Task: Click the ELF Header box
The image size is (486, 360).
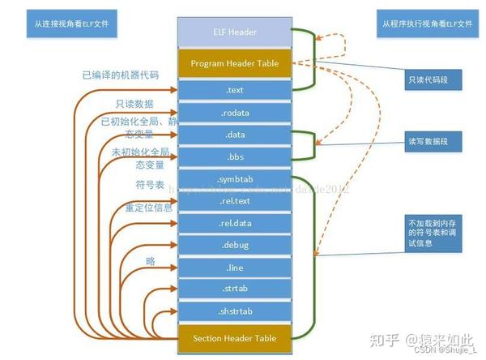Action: coord(234,32)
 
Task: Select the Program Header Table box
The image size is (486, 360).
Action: coord(234,62)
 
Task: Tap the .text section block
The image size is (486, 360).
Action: coord(234,90)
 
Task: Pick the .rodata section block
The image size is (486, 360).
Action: coord(234,112)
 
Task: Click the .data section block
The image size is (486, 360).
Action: coord(234,134)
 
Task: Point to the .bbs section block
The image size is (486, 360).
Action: coord(234,156)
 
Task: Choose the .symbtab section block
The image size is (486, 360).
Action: coord(234,178)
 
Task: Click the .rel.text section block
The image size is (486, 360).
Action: coord(234,200)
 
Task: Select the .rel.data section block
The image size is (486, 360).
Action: coord(234,222)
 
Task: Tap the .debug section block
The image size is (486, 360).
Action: coord(234,244)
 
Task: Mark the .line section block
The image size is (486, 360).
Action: coord(234,266)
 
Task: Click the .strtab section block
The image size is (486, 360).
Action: coord(234,288)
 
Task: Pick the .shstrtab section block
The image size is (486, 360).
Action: coord(234,311)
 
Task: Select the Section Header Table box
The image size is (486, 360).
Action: coord(234,337)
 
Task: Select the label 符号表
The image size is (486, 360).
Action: coord(145,185)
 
